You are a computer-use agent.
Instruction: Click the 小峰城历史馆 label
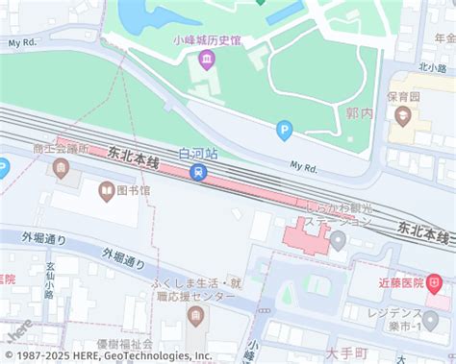207,40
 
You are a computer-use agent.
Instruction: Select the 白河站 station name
198,154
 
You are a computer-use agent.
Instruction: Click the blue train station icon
198,173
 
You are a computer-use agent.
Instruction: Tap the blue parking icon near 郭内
284,130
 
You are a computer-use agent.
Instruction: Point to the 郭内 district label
359,112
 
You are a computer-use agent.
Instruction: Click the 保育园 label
404,97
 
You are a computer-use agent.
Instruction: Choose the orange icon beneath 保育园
403,117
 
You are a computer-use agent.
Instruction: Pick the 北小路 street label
432,67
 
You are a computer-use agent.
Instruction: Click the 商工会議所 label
60,149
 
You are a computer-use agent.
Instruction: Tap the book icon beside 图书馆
105,191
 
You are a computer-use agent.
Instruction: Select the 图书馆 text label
134,191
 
